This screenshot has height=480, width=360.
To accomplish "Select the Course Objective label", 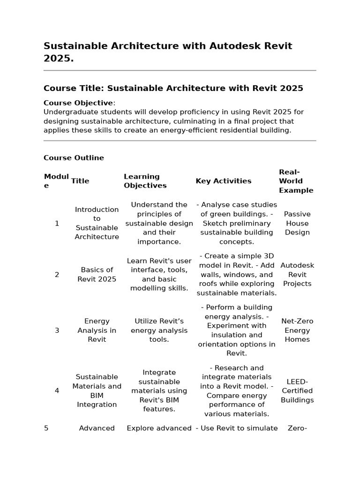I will (78, 103).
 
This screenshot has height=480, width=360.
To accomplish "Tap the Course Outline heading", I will (74, 158).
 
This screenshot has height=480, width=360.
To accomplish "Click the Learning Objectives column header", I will (145, 181).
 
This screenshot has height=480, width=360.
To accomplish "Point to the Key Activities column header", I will (223, 181).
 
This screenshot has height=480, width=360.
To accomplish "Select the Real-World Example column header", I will (296, 181).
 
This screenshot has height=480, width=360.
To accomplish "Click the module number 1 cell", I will (57, 223).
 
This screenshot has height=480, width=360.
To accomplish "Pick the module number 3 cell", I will (57, 330).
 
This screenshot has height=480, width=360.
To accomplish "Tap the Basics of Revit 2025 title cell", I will (97, 275).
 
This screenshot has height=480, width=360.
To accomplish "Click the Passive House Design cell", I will (297, 223).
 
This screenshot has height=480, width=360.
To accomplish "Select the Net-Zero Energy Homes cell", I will (297, 330).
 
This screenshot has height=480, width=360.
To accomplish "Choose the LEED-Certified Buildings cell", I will (297, 391).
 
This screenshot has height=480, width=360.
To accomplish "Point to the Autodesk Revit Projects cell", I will (297, 275).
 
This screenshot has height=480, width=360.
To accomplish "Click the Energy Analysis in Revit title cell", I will (97, 330).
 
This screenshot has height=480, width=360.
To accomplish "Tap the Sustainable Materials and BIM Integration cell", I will (97, 391).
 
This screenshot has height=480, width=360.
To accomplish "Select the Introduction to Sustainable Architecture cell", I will (97, 223).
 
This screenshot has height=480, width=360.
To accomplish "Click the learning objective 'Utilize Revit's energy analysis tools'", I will (159, 330).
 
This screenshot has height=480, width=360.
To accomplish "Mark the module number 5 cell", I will (46, 428).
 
